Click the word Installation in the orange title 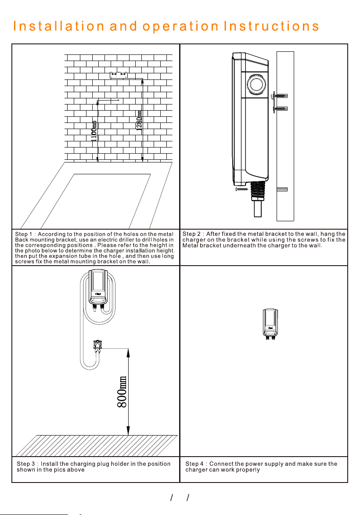pyautogui.click(x=58, y=26)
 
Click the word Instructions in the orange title pyautogui.click(x=271, y=26)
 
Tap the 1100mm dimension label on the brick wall pyautogui.click(x=94, y=131)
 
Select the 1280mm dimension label pyautogui.click(x=139, y=121)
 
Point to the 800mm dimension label pyautogui.click(x=122, y=392)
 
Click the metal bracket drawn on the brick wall pyautogui.click(x=119, y=75)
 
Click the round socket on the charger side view pyautogui.click(x=256, y=84)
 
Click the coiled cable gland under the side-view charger pyautogui.click(x=258, y=191)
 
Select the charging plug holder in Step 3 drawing pyautogui.click(x=97, y=346)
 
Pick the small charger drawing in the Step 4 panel pyautogui.click(x=270, y=323)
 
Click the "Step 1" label pyautogui.click(x=24, y=234)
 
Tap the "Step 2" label pyautogui.click(x=191, y=234)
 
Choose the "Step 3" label pyautogui.click(x=25, y=464)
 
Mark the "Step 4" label pyautogui.click(x=194, y=464)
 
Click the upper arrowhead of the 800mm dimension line pyautogui.click(x=128, y=353)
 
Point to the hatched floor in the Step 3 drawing pyautogui.click(x=97, y=445)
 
